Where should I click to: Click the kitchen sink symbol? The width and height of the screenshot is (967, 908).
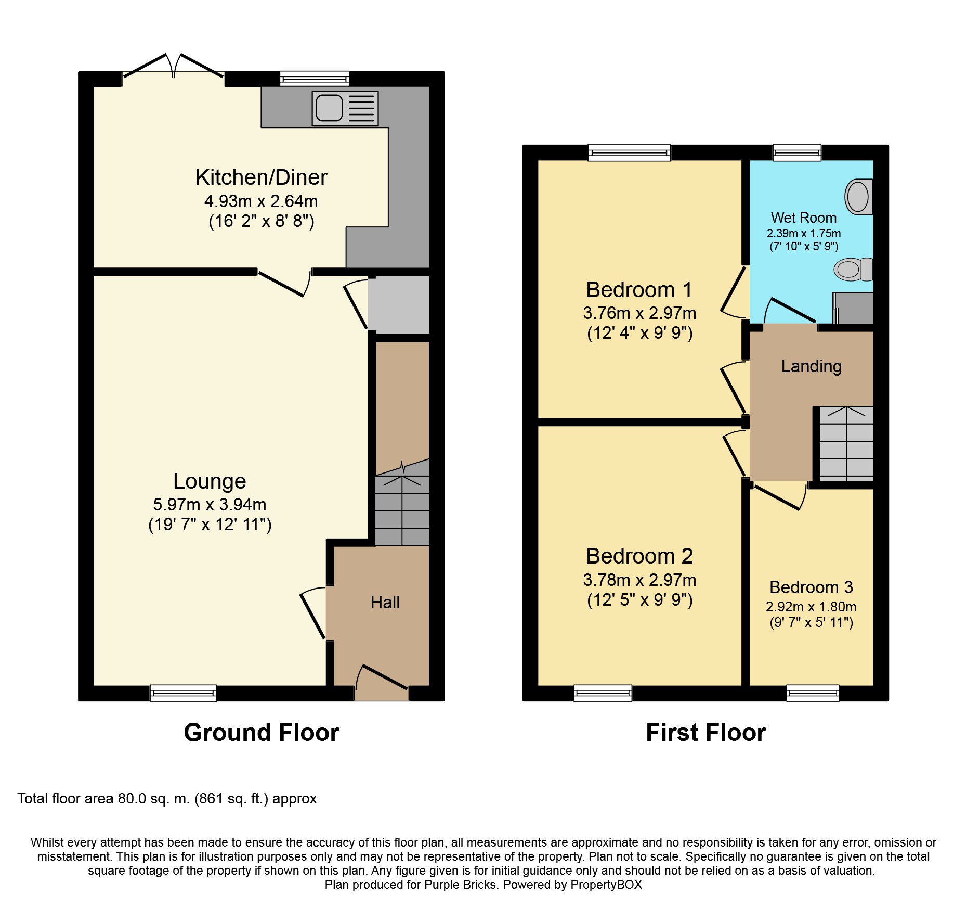(x=345, y=108)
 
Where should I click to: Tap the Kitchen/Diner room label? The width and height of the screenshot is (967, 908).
(x=261, y=177)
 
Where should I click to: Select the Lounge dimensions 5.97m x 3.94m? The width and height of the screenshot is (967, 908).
(x=210, y=504)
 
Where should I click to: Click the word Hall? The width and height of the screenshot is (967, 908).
(x=385, y=602)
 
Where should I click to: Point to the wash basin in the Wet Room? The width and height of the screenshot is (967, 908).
(x=859, y=197)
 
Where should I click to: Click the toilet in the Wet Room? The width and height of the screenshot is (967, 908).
(x=853, y=269)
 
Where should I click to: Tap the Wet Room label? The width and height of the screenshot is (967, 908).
(x=803, y=218)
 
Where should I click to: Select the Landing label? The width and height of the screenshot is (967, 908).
(x=811, y=366)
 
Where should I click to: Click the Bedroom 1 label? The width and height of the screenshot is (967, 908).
(x=639, y=290)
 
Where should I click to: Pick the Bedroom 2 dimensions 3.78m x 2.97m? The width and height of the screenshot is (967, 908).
(x=639, y=580)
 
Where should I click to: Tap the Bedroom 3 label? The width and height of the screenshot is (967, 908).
(x=811, y=587)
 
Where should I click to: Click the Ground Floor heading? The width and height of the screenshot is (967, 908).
(x=262, y=733)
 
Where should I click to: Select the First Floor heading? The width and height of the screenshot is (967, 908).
(x=705, y=733)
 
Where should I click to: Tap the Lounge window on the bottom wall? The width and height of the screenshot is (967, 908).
(x=183, y=693)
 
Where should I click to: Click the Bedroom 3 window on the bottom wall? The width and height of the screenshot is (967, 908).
(x=813, y=693)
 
